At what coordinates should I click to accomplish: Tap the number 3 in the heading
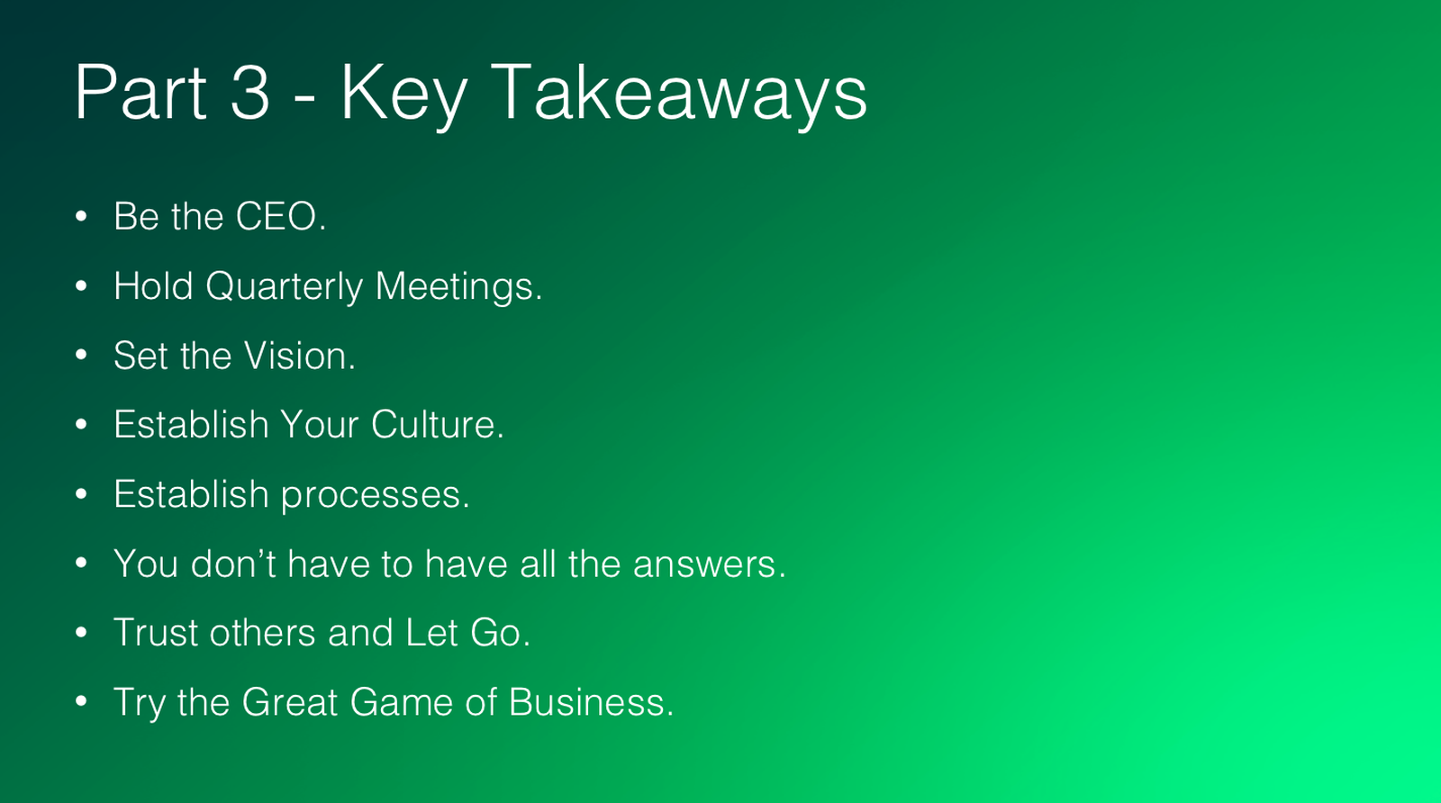[249, 92]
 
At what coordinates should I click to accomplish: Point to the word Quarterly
[285, 287]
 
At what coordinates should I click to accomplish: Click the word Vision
[299, 356]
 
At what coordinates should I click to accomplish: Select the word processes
[376, 496]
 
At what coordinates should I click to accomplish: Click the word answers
[709, 564]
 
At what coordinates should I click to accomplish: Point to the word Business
[591, 702]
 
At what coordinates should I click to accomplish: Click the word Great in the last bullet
[289, 702]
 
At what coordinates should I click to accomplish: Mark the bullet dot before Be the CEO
[81, 217]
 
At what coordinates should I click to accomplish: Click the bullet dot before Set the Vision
[81, 355]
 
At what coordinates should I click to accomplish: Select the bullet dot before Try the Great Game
[81, 700]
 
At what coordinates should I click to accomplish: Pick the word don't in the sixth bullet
[233, 564]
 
